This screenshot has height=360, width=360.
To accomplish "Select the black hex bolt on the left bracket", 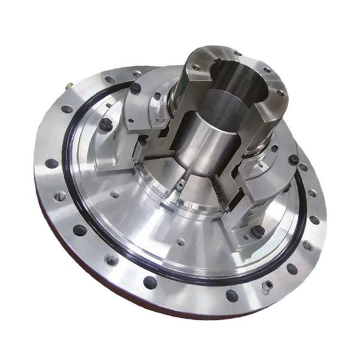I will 106,124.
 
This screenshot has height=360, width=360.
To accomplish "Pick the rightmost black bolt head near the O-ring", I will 293,160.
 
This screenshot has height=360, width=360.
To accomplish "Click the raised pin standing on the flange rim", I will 265,287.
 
